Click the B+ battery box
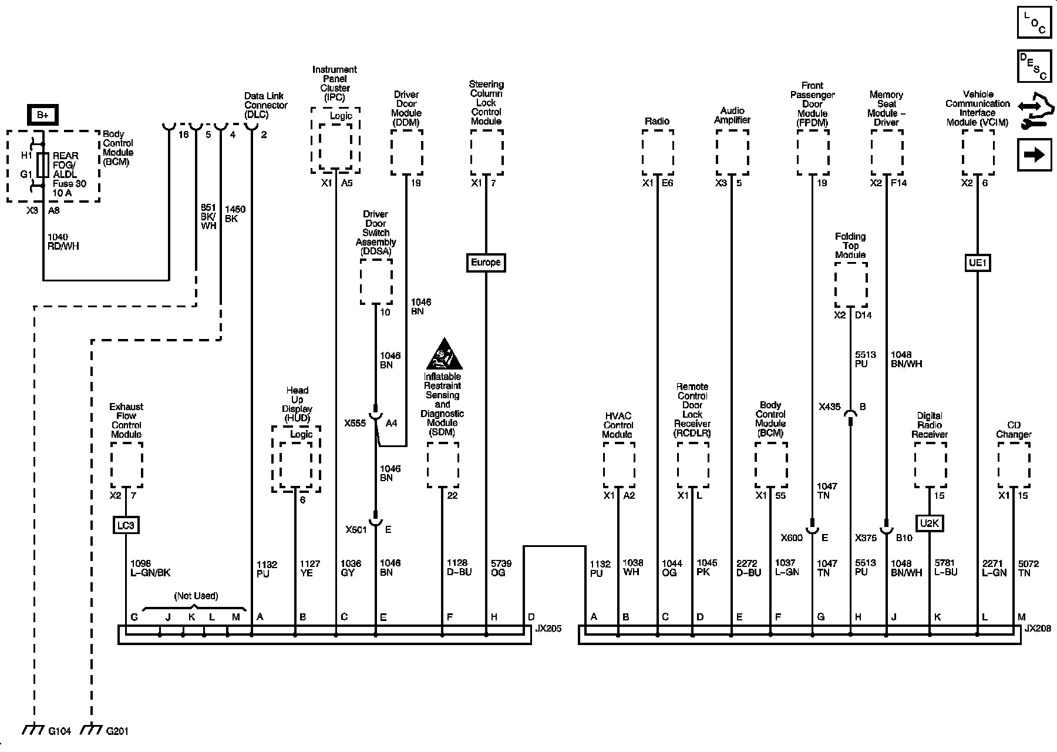pyautogui.click(x=43, y=115)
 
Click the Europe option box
pyautogui.click(x=486, y=262)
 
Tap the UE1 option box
pyautogui.click(x=977, y=262)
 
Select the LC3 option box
pyautogui.click(x=126, y=525)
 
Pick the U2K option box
pyautogui.click(x=929, y=523)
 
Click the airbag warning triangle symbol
pyautogui.click(x=444, y=354)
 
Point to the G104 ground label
pyautogui.click(x=59, y=731)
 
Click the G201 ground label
pyautogui.click(x=117, y=731)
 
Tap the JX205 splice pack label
pyautogui.click(x=547, y=629)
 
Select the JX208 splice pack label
pyautogui.click(x=1038, y=629)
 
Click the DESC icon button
pyautogui.click(x=1034, y=66)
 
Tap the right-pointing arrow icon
pyautogui.click(x=1034, y=155)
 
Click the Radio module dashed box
pyautogui.click(x=658, y=152)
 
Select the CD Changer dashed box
pyautogui.click(x=1014, y=465)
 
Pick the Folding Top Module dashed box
pyautogui.click(x=851, y=284)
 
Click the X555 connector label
pyautogui.click(x=355, y=423)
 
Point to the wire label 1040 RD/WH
pyautogui.click(x=63, y=241)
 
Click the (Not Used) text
pyautogui.click(x=196, y=596)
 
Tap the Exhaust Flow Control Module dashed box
pyautogui.click(x=126, y=465)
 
